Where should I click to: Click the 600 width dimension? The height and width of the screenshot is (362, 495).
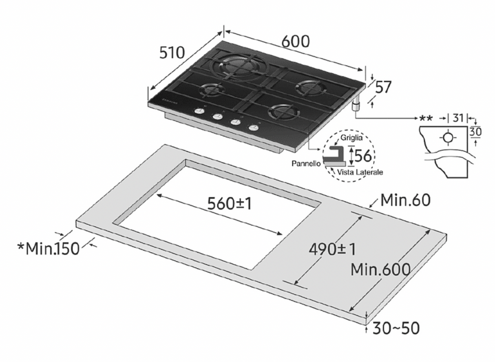pos(296,41)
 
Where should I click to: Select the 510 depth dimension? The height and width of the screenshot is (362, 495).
pos(172,53)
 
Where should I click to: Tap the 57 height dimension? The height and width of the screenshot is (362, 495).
pos(383,87)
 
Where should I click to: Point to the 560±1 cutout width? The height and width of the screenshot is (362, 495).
pos(230,203)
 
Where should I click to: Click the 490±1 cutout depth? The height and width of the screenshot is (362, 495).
pos(332,249)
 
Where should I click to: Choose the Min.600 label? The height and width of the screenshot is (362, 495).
pos(380,270)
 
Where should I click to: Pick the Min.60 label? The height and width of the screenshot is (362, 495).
pos(406,200)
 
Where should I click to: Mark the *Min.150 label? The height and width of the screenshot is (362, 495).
pos(49,249)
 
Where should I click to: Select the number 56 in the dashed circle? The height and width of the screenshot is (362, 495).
pos(363,156)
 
